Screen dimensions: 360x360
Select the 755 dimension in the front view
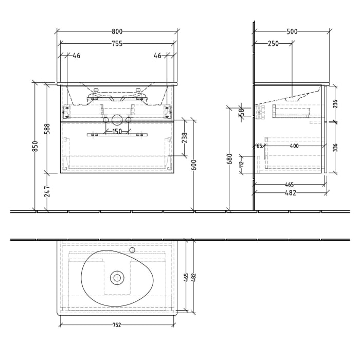coord(117,44)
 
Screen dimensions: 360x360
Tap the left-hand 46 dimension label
coord(77,56)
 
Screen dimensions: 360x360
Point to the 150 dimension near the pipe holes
coord(117,131)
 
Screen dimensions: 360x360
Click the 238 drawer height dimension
coord(185,137)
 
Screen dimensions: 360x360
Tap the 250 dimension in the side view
coord(273,44)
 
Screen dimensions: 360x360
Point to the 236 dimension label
coord(335,104)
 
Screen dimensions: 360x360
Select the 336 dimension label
coord(335,148)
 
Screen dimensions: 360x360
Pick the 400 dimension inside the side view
coord(294,146)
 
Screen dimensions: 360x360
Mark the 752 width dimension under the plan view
coord(117,325)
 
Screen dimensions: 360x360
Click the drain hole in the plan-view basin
coord(117,278)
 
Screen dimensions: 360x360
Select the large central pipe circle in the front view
coord(117,121)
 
